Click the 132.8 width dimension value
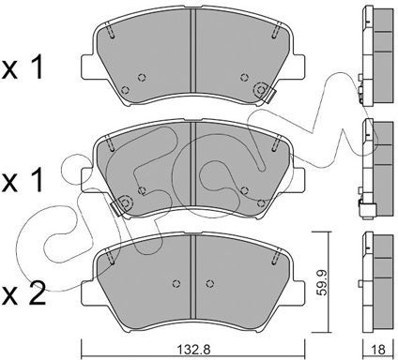[x=193, y=350]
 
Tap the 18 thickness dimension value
[x=378, y=350]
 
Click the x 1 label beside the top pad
[x=22, y=67]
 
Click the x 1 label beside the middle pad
[x=22, y=181]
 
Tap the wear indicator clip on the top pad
[x=268, y=95]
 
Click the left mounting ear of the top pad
[x=87, y=67]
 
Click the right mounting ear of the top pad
[x=298, y=67]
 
